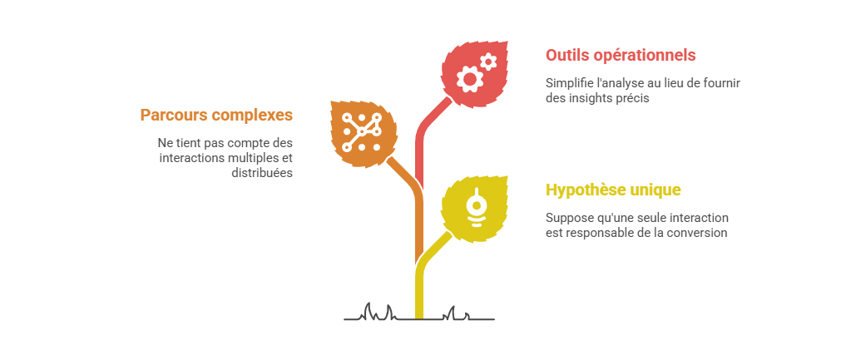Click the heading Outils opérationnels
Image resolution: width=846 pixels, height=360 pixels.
[621, 56]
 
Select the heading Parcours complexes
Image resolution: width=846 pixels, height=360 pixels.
[216, 115]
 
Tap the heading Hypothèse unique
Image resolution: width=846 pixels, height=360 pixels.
[613, 190]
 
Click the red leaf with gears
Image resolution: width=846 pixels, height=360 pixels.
[475, 74]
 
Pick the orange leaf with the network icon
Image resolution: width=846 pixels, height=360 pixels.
[364, 133]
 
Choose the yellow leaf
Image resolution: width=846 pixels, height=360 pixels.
[475, 209]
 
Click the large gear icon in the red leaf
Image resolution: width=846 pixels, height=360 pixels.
[469, 79]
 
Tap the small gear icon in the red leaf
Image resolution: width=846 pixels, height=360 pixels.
[488, 62]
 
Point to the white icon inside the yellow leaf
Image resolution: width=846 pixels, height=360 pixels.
[476, 208]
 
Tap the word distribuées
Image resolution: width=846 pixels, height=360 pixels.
[262, 173]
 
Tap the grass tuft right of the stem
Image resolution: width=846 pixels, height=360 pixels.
[457, 313]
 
